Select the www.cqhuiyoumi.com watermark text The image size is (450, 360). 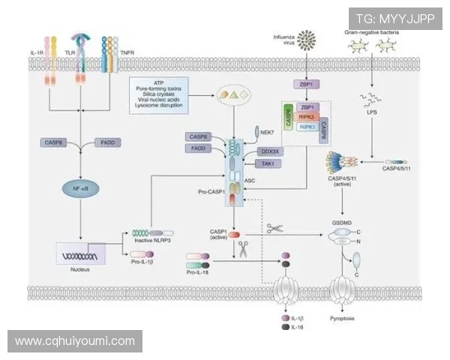pos(75,341)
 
